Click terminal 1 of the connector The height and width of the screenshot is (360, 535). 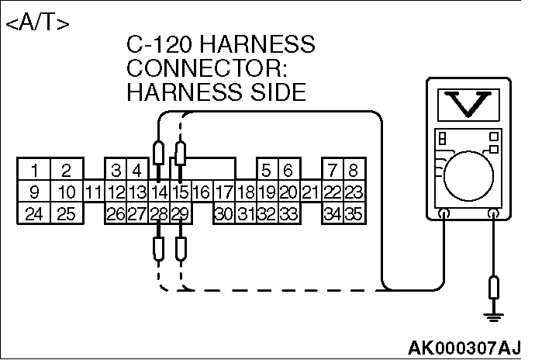tap(34, 169)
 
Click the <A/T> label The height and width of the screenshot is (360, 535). tap(38, 22)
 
